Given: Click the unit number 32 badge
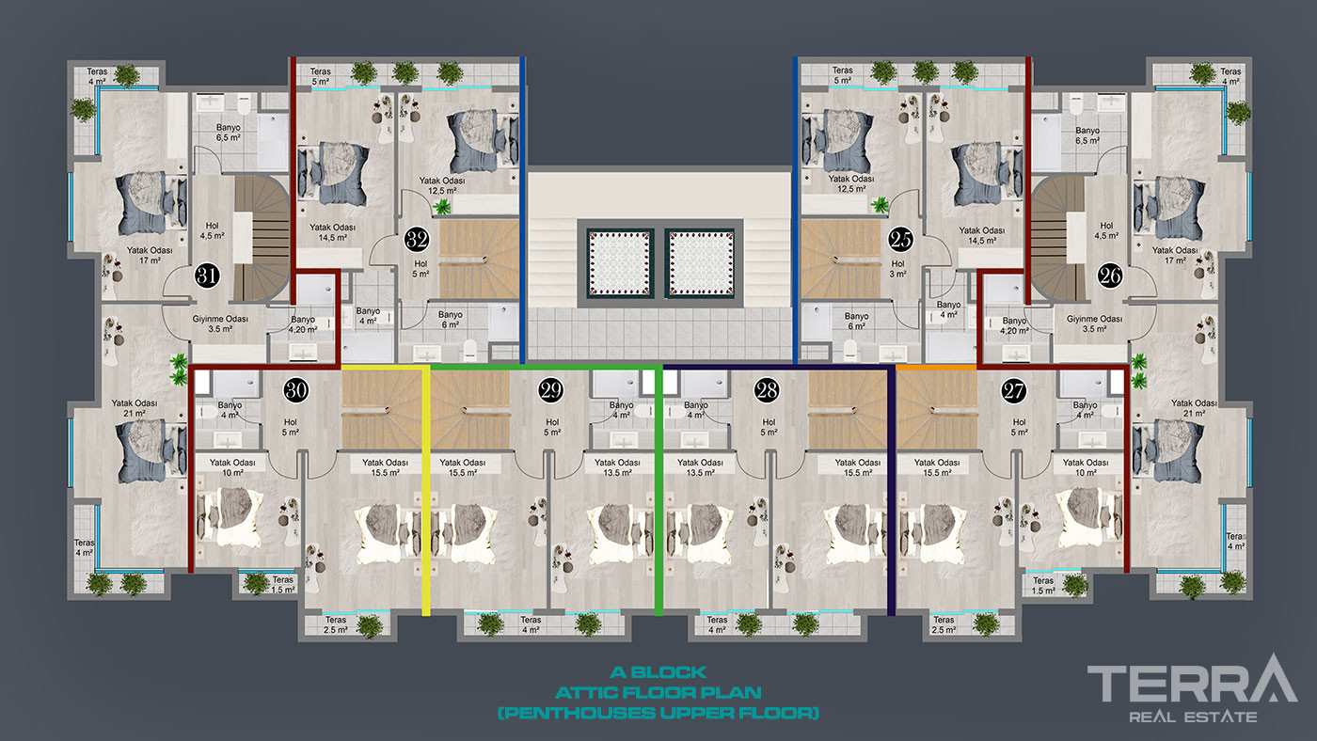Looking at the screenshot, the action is [x=417, y=240].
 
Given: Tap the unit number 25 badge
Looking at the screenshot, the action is [x=900, y=240].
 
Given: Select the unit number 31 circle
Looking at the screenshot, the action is [x=207, y=276].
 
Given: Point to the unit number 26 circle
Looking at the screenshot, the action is [x=1109, y=276].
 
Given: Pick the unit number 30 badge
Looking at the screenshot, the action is [x=295, y=390].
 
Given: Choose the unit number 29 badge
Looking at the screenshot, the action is [x=550, y=390].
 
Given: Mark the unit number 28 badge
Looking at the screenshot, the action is [x=766, y=390].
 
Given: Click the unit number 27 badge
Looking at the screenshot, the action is [x=1014, y=391].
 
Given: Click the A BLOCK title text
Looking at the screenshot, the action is [x=658, y=672].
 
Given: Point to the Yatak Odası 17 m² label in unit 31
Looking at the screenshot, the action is [x=151, y=255].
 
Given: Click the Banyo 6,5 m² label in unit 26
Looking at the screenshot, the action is [x=1087, y=135].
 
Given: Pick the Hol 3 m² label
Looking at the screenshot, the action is [x=897, y=269].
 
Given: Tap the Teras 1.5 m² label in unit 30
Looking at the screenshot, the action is [x=283, y=585].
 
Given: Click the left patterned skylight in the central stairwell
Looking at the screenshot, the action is [x=619, y=262].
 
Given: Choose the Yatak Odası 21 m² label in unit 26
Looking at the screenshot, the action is [x=1194, y=408].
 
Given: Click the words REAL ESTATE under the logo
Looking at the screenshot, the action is [x=1193, y=717].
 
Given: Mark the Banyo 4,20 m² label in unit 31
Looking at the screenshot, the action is [x=303, y=325].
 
